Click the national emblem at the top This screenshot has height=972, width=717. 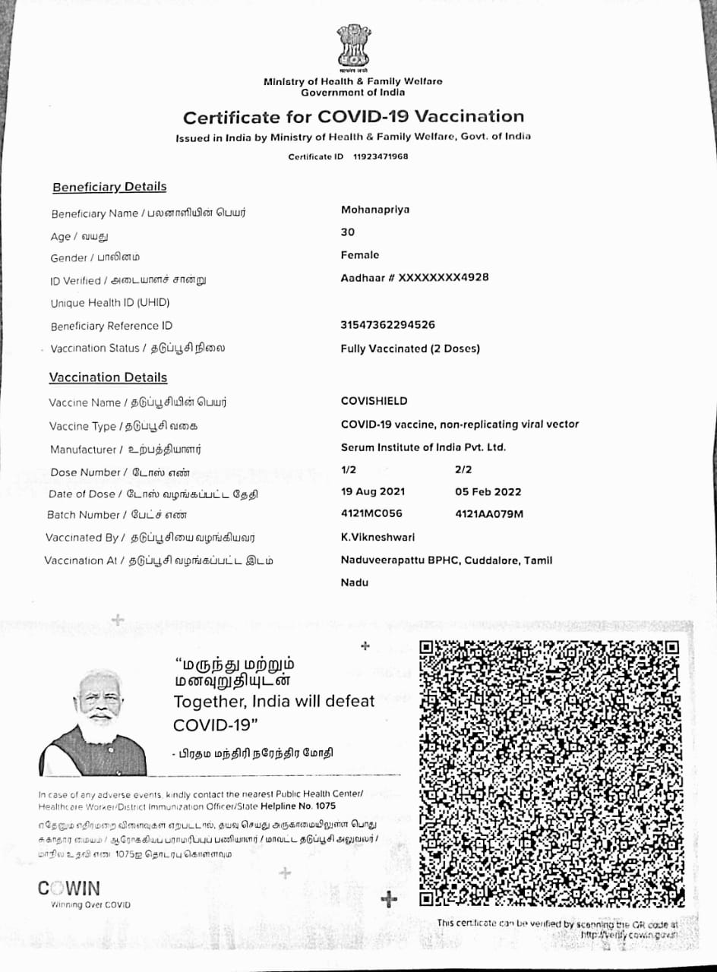point(352,47)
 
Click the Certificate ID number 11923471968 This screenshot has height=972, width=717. point(381,156)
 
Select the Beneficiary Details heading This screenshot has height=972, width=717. point(109,187)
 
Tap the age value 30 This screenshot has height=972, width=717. point(348,232)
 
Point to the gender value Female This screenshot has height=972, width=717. point(360,255)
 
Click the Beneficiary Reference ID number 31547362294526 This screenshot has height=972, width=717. point(388,325)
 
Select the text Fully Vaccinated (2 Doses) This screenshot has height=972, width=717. point(410,349)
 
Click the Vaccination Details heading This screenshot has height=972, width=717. point(108,377)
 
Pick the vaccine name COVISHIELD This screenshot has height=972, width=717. point(374,401)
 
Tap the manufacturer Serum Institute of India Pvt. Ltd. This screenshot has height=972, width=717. point(423,447)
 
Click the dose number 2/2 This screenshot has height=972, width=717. point(463,469)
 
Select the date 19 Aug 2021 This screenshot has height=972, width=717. point(368,491)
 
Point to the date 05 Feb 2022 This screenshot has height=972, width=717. point(488,491)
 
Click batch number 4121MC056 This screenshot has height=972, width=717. point(371,513)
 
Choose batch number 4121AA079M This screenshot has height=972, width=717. point(489,514)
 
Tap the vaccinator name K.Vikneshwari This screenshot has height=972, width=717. point(378,537)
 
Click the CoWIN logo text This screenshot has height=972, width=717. point(69,888)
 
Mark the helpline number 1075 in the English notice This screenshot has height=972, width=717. point(324,806)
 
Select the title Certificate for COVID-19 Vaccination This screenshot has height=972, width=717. point(353,117)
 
